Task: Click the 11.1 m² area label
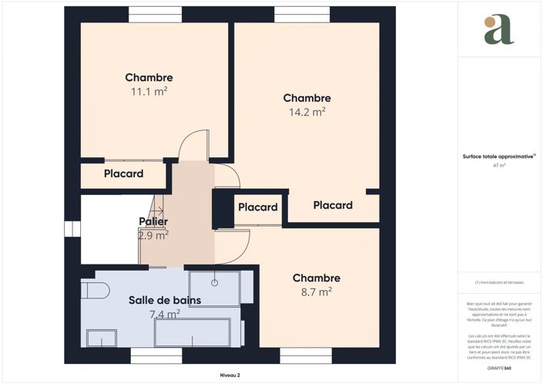coord(149,92)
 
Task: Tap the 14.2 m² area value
coord(307,111)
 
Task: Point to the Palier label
coord(153,222)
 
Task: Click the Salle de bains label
coord(159,299)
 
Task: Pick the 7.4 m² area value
coord(164,314)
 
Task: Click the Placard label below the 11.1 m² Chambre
coord(124,173)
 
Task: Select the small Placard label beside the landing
coord(257,207)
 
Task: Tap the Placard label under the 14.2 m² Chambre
coord(333,205)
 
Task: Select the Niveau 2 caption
coord(230,375)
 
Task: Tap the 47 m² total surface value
coord(499,165)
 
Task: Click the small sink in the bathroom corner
coord(101,338)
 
